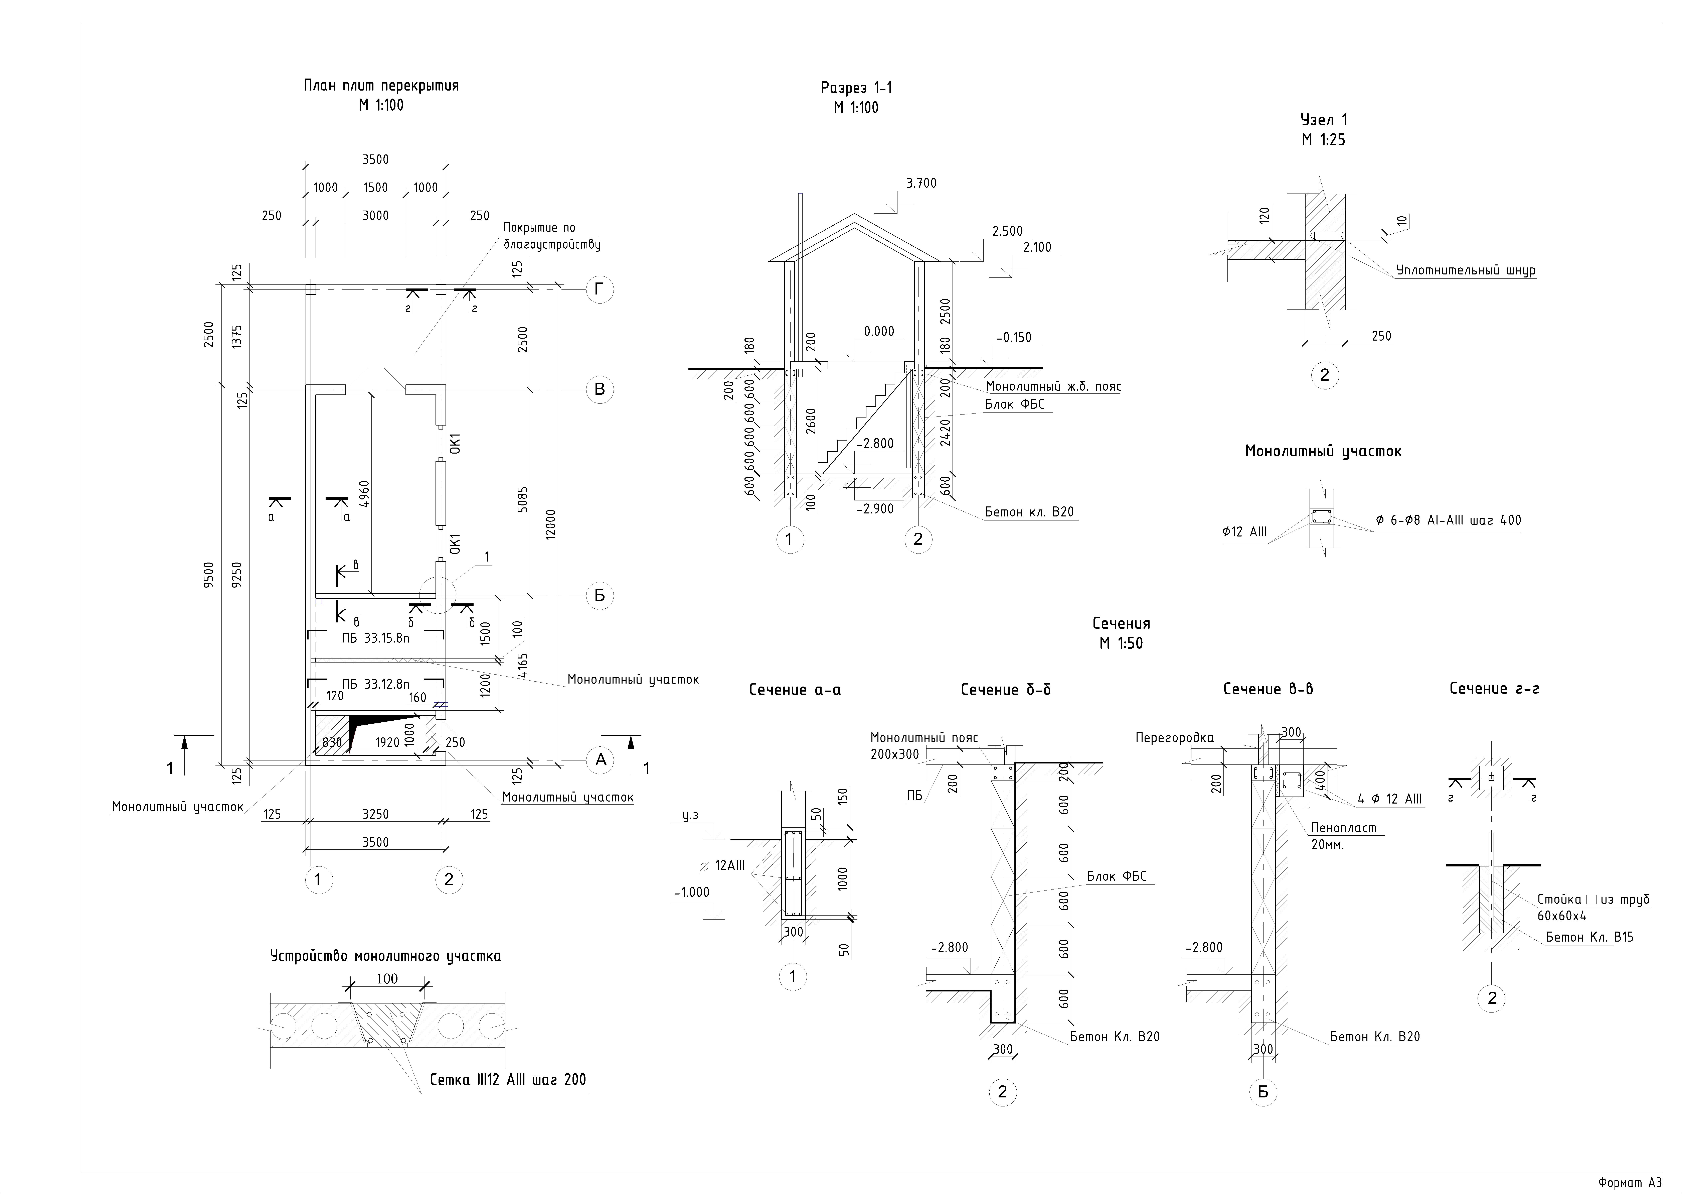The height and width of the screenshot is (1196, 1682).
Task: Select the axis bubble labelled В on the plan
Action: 599,389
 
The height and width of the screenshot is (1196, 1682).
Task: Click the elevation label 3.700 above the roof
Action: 922,183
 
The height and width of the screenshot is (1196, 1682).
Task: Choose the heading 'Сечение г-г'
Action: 1494,689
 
